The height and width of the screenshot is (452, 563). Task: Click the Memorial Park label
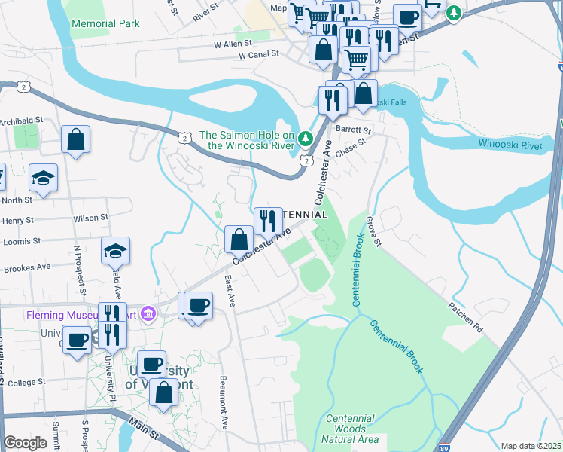click(105, 23)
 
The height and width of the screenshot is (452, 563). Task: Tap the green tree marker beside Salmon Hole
click(305, 138)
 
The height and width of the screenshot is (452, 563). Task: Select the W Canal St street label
click(259, 55)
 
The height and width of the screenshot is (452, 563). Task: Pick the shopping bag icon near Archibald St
click(76, 139)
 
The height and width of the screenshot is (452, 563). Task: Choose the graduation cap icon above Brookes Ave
click(116, 250)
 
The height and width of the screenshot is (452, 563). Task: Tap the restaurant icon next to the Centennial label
click(268, 221)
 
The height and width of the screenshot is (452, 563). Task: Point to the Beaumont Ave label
click(223, 402)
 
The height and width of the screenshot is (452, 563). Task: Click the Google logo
click(25, 443)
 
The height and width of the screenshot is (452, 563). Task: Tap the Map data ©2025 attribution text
click(531, 446)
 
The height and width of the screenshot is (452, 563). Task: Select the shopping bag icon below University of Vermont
click(163, 392)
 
